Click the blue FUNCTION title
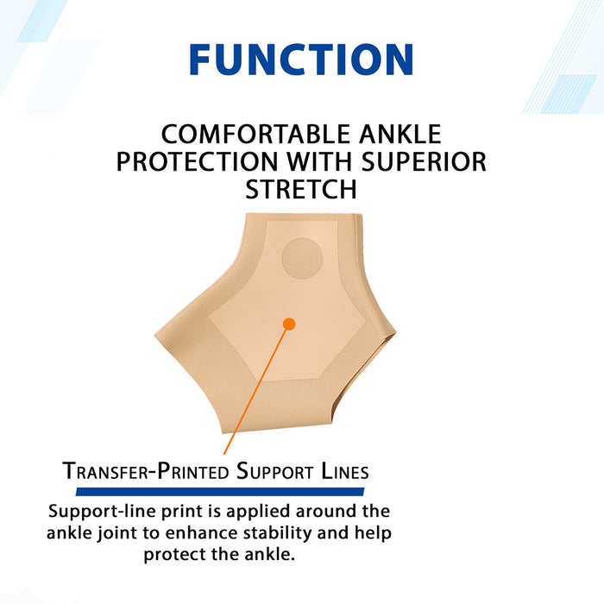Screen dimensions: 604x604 tap(301, 60)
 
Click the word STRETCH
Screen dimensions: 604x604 tap(301, 189)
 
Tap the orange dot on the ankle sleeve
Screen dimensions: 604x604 tap(289, 324)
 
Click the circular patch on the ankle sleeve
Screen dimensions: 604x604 tap(303, 258)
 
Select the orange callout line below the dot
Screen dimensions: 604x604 tap(256, 389)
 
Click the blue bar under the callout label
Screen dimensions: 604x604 tap(220, 491)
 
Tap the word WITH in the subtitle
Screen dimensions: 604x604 tap(327, 162)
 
